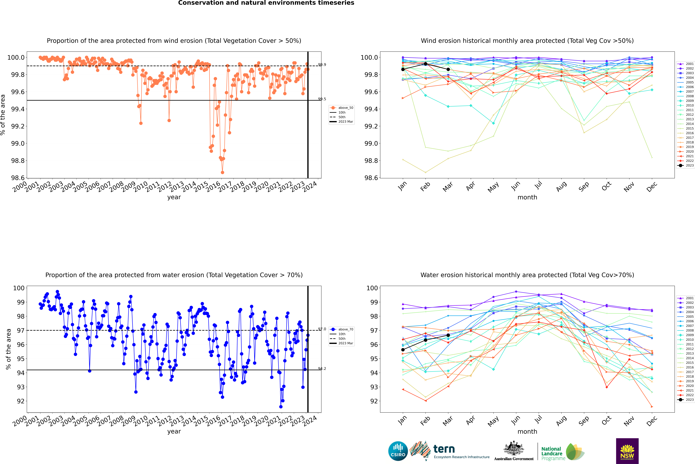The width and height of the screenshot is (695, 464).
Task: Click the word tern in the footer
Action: [x=444, y=449]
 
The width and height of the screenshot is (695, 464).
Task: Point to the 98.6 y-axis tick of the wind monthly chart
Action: [x=368, y=178]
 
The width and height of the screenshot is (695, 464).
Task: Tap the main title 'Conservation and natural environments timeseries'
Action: [x=266, y=3]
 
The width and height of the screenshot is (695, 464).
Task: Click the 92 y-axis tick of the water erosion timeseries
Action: [x=21, y=401]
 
